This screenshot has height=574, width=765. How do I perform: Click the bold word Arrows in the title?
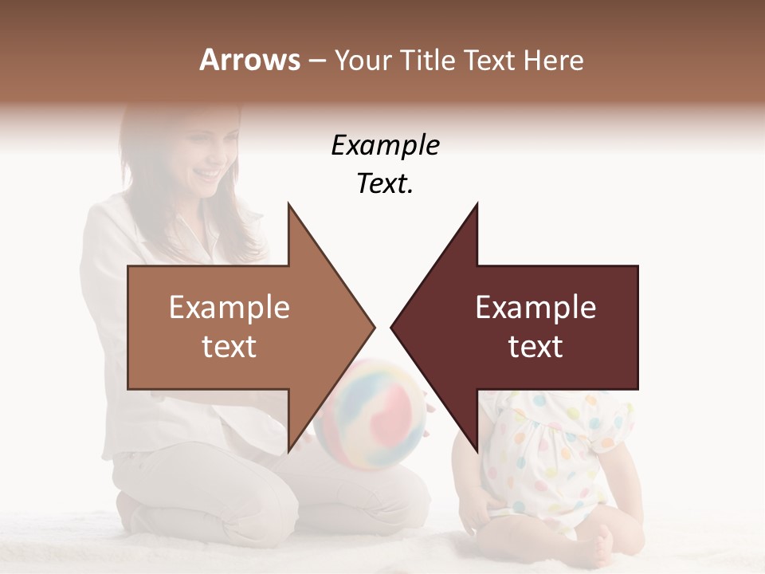[249, 60]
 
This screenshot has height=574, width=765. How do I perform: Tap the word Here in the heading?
[553, 60]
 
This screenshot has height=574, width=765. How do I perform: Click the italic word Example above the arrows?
[385, 146]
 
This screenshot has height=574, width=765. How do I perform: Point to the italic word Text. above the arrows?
[385, 184]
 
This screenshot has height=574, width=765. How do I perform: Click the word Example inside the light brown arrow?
[229, 308]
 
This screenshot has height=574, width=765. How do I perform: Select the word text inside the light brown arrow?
[229, 347]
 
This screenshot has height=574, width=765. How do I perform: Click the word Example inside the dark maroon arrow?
[535, 308]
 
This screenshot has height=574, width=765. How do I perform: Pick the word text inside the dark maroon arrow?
[535, 347]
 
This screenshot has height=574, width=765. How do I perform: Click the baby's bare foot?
[599, 550]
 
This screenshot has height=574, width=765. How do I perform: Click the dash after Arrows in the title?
[316, 61]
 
